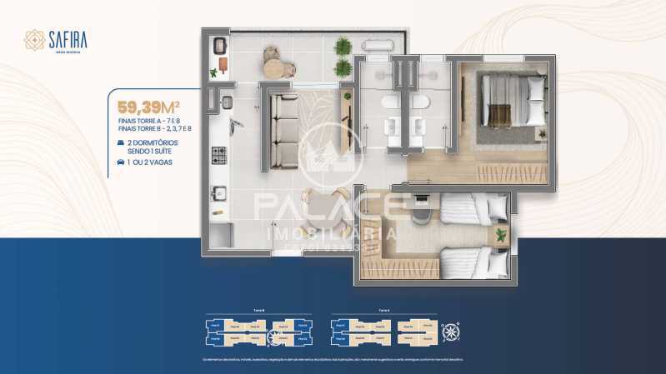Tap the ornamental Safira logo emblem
click(34, 39)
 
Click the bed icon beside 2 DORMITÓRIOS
click(123, 143)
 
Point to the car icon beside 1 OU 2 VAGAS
click(123, 162)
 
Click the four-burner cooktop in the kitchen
click(219, 154)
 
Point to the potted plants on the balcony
click(343, 57)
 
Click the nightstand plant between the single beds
click(500, 234)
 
